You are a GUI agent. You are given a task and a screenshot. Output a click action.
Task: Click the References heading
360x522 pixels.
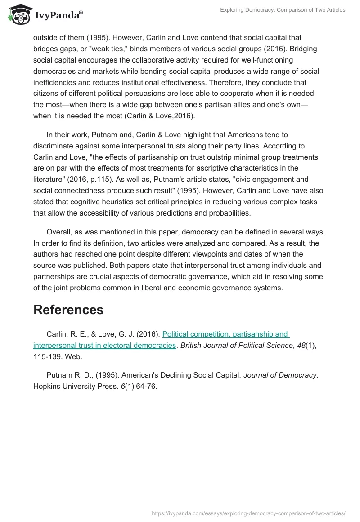tap(68, 310)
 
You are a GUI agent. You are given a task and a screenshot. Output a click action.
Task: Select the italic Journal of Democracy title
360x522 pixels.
tap(280, 375)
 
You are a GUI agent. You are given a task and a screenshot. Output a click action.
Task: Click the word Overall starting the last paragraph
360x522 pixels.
tap(60, 232)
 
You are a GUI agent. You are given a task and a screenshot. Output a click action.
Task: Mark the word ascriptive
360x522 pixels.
tap(219, 168)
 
